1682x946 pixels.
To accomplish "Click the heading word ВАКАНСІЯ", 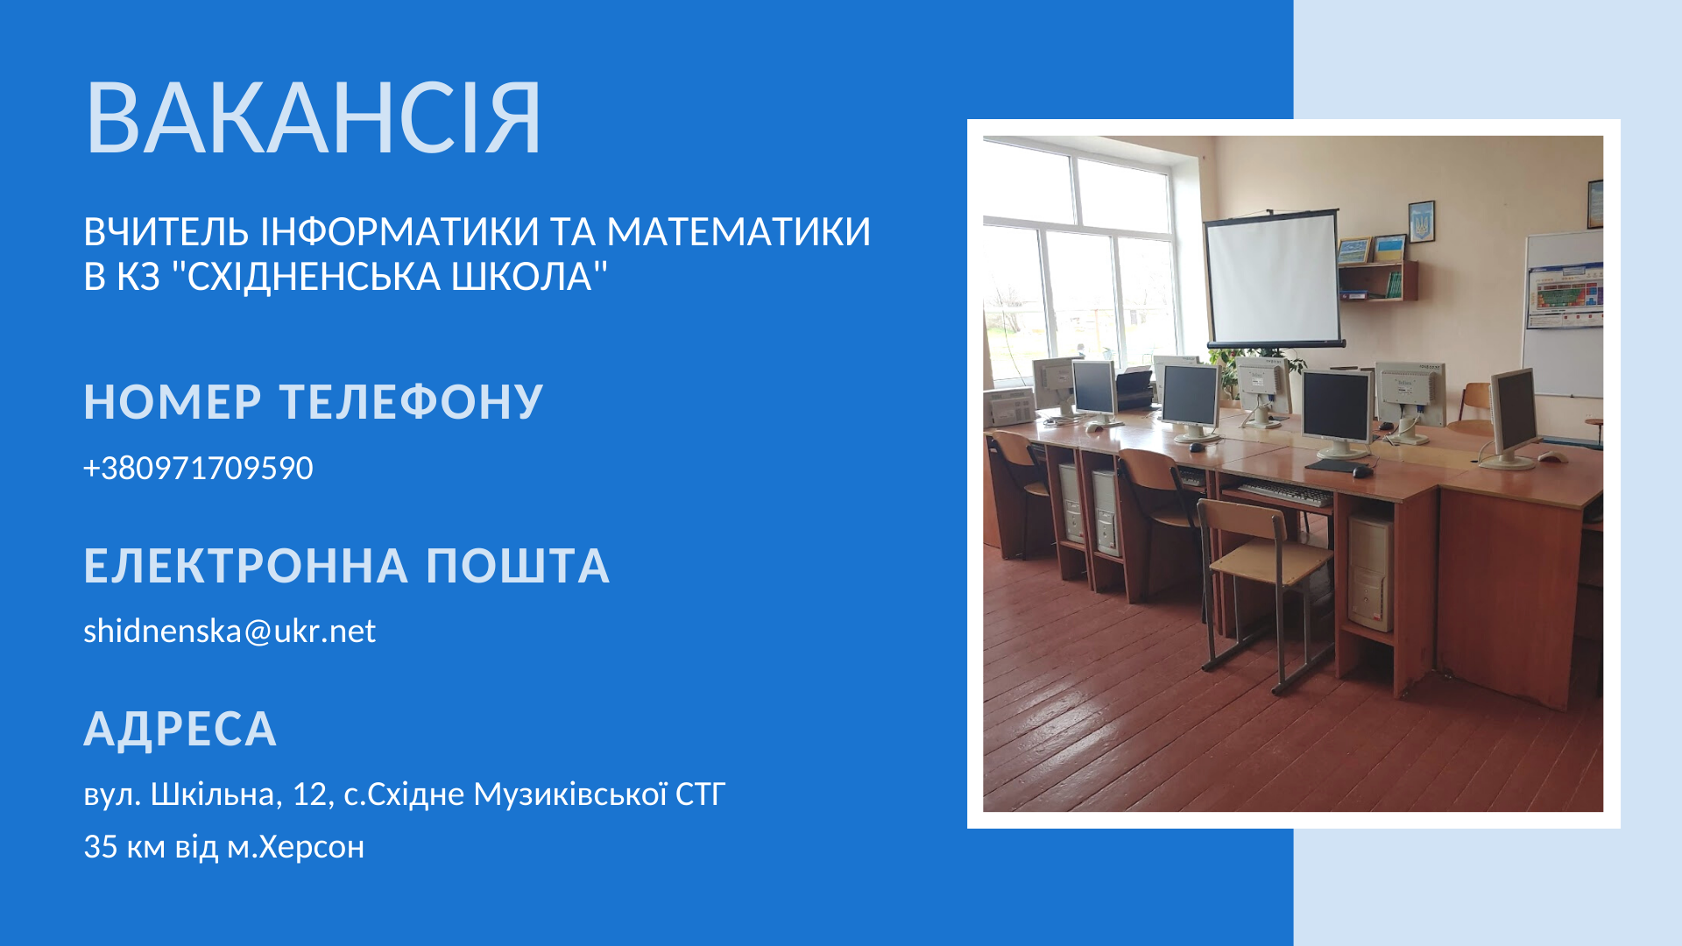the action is pyautogui.click(x=314, y=118).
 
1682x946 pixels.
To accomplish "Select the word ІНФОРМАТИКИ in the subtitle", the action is pyautogui.click(x=399, y=232).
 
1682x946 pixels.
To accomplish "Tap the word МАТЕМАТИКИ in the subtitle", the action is pyautogui.click(x=739, y=232).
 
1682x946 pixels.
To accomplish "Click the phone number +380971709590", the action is pyautogui.click(x=198, y=468).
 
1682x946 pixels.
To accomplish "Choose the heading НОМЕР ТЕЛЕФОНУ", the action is pyautogui.click(x=314, y=402).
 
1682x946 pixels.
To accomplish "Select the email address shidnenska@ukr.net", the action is pyautogui.click(x=230, y=631).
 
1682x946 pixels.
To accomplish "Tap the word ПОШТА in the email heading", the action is pyautogui.click(x=518, y=566).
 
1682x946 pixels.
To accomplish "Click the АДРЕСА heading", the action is pyautogui.click(x=180, y=730).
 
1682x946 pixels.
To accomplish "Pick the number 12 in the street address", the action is pyautogui.click(x=310, y=794).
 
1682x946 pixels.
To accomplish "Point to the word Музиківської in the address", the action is pyautogui.click(x=571, y=794).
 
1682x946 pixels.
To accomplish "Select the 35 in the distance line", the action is pyautogui.click(x=101, y=847).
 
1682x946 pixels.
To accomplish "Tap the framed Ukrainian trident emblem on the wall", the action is pyautogui.click(x=1421, y=222).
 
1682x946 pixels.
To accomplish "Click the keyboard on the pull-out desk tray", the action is pyautogui.click(x=1284, y=492).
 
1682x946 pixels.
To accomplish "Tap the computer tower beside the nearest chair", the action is pyautogui.click(x=1370, y=574).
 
